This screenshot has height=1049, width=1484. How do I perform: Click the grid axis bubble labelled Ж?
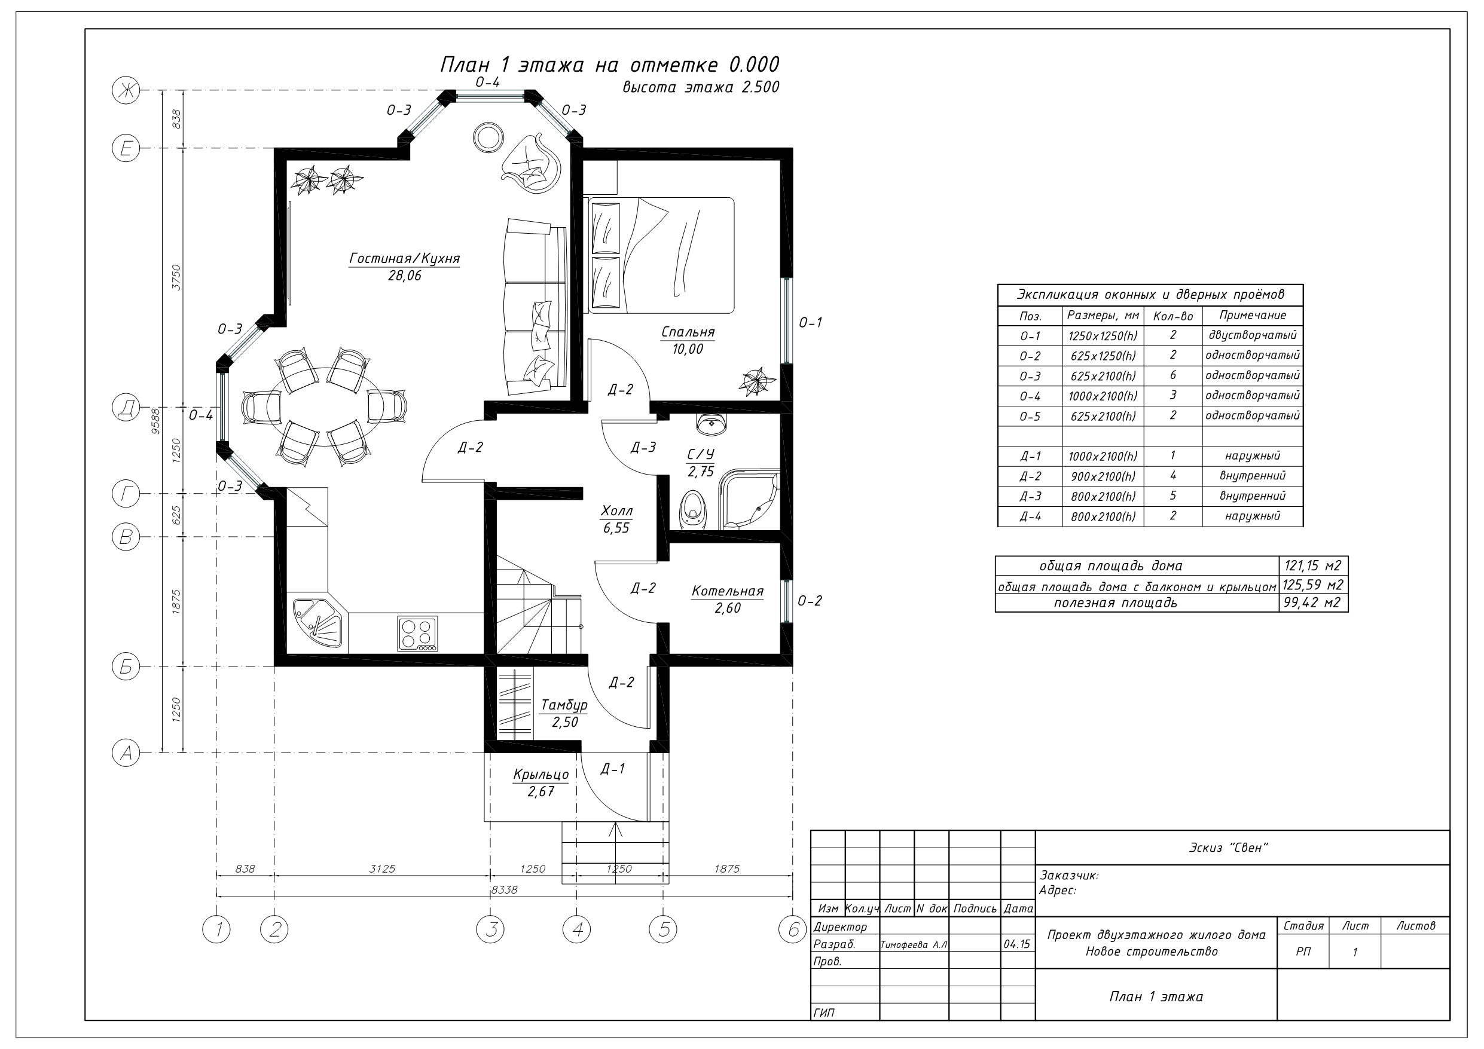pyautogui.click(x=126, y=90)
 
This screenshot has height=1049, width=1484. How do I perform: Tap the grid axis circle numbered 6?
pyautogui.click(x=793, y=930)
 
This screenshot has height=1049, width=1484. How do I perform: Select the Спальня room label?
pyautogui.click(x=688, y=332)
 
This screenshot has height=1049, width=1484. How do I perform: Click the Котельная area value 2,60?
pyautogui.click(x=728, y=608)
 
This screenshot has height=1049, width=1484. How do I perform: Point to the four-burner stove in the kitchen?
pyautogui.click(x=417, y=634)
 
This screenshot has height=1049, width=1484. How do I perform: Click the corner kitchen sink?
pyautogui.click(x=319, y=622)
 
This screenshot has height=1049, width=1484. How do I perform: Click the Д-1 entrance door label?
pyautogui.click(x=613, y=769)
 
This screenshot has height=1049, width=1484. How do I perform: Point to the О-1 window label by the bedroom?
pyautogui.click(x=811, y=323)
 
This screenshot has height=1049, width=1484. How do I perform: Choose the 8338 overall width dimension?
pyautogui.click(x=504, y=890)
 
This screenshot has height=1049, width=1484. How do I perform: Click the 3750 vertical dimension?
pyautogui.click(x=176, y=277)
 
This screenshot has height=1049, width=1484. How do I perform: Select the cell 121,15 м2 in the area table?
pyautogui.click(x=1313, y=565)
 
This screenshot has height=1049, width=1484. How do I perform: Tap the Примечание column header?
pyautogui.click(x=1253, y=316)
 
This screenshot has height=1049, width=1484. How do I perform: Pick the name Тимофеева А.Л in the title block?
pyautogui.click(x=914, y=945)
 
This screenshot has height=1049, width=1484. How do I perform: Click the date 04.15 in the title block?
pyautogui.click(x=1018, y=944)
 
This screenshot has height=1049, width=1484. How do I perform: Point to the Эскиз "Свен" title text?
pyautogui.click(x=1229, y=848)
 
